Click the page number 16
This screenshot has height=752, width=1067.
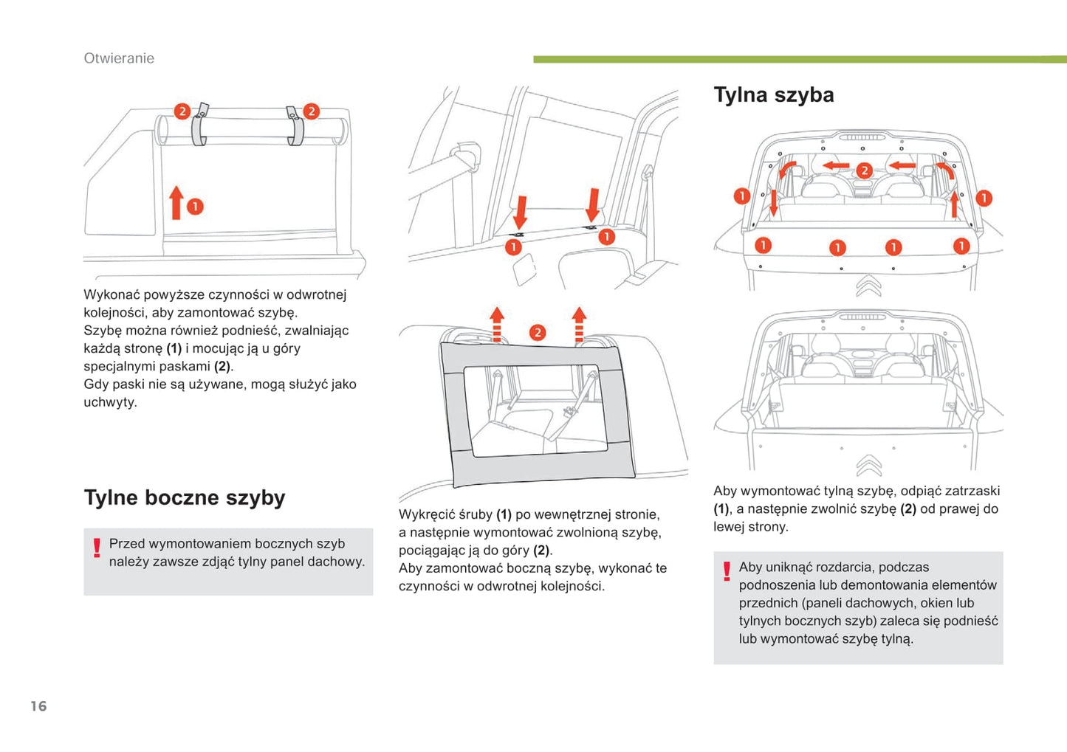click(38, 706)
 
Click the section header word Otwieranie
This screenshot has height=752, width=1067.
click(119, 58)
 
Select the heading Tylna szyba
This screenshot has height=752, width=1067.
click(773, 94)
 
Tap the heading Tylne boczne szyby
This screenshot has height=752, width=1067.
click(184, 497)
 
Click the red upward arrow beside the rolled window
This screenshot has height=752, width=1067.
click(176, 202)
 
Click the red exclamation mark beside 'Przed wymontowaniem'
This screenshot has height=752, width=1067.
click(97, 548)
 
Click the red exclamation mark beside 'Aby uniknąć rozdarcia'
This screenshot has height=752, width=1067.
click(727, 571)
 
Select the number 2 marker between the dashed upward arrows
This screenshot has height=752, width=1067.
click(538, 333)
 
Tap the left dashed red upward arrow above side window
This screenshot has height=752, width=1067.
click(497, 325)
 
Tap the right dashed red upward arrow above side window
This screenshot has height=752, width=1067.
click(579, 325)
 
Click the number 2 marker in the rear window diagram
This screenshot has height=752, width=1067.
click(864, 171)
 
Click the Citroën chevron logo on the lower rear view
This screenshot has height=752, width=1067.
click(868, 466)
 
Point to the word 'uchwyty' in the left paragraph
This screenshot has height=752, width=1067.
click(109, 402)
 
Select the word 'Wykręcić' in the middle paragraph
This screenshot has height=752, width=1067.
click(425, 514)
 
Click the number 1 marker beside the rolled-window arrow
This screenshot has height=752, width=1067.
click(194, 207)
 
